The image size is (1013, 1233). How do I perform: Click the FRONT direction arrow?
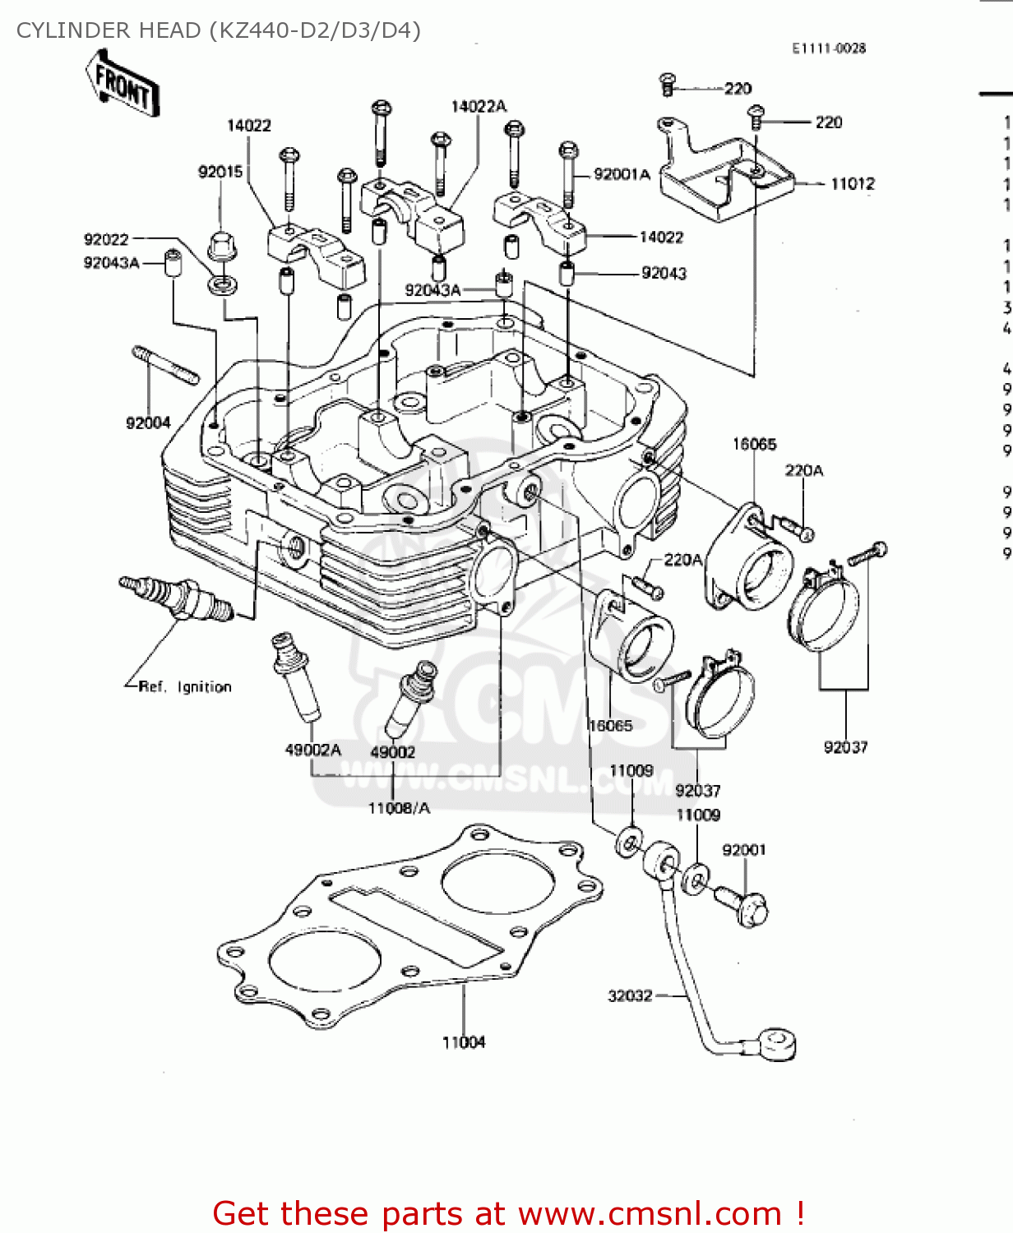pos(123,84)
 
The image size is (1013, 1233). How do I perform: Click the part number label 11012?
pos(853,184)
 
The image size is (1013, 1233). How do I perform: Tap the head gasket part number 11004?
pos(464,1042)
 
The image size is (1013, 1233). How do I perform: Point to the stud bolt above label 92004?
pos(165,365)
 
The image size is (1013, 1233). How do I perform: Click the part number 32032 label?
pos(630,995)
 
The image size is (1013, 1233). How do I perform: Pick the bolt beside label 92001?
pos(742,905)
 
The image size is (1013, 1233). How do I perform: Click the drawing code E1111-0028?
pos(829,48)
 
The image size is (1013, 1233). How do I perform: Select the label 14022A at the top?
pos(479,106)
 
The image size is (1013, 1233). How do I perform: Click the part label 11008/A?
pos(399,808)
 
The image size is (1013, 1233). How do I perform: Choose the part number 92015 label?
pos(220,172)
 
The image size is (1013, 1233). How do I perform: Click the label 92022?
pos(106,239)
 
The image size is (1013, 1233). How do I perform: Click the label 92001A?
pos(622,174)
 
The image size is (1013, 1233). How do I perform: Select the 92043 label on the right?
pos(664,273)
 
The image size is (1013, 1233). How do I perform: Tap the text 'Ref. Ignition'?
pos(185,686)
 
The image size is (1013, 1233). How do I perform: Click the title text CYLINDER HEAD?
pos(109,30)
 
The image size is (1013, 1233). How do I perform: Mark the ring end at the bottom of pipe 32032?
pos(777,1045)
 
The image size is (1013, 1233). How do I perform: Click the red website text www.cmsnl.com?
pos(650,1213)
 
